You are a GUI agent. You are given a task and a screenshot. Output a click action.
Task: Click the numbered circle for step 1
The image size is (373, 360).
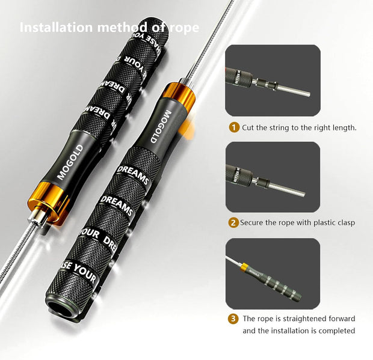pyautogui.click(x=233, y=127)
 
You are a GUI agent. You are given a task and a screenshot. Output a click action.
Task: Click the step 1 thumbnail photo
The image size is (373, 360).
pyautogui.click(x=273, y=80)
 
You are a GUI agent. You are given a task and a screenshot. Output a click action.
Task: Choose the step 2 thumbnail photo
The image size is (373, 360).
pyautogui.click(x=273, y=177)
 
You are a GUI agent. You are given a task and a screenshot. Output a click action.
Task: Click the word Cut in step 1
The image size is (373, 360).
pyautogui.click(x=248, y=127)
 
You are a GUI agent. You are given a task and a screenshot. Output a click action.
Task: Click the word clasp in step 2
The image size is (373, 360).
pyautogui.click(x=344, y=222)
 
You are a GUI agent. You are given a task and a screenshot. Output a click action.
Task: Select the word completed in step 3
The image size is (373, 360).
pyautogui.click(x=334, y=331)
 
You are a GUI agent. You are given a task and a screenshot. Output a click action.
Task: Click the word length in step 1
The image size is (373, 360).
pyautogui.click(x=344, y=127)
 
